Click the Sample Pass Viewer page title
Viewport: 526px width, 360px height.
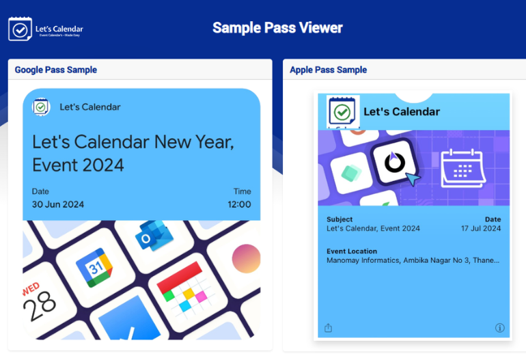click(277, 28)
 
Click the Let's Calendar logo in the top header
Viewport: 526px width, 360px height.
click(46, 29)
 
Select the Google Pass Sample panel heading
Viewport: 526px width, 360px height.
click(56, 70)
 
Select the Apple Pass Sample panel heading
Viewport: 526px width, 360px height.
click(328, 70)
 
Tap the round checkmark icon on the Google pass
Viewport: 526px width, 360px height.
click(42, 107)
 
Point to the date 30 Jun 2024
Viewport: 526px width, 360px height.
click(58, 204)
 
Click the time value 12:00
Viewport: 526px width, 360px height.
click(239, 204)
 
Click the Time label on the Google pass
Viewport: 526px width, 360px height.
click(242, 191)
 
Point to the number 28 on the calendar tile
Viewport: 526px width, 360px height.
click(39, 309)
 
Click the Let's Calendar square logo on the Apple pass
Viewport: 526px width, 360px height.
click(343, 111)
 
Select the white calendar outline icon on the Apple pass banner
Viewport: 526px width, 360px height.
click(462, 167)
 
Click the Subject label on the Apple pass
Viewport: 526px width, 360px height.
click(340, 219)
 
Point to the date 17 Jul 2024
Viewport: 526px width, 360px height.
click(481, 228)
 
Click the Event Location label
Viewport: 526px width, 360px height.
click(352, 251)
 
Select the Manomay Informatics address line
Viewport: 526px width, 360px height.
click(413, 260)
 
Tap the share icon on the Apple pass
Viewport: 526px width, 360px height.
click(328, 328)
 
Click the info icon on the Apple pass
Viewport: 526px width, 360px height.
click(499, 328)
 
